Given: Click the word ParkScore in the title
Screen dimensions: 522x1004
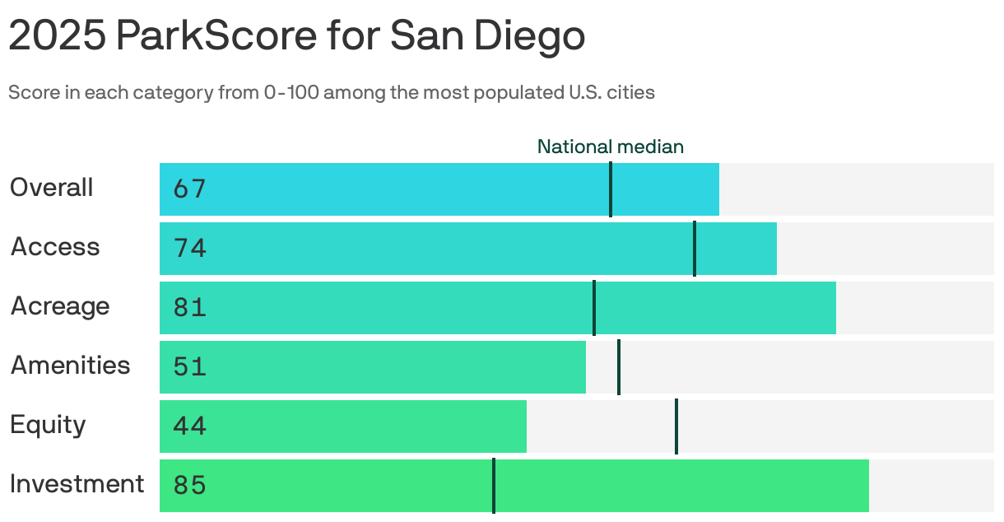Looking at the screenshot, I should coord(214,36).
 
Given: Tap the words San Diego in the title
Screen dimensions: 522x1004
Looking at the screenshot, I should coord(487,36).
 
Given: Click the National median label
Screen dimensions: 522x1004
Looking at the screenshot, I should coord(610,147).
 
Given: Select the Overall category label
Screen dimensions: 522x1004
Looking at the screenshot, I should coord(51,188).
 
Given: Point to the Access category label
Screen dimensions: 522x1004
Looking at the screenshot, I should coord(55,247).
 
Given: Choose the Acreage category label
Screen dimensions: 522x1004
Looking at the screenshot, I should coord(60,306).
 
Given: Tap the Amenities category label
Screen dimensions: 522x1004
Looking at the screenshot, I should coord(70,366).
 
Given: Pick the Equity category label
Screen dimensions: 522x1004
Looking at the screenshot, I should coord(48,425).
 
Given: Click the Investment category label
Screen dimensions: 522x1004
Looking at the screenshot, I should coord(77,484).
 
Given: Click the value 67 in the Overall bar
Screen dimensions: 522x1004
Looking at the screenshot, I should coord(189,189).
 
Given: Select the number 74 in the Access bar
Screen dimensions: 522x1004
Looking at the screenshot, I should coord(189,249).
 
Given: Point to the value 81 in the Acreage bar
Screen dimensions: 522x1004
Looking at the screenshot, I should coord(189,308).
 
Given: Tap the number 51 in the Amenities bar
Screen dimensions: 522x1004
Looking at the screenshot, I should coord(189,367).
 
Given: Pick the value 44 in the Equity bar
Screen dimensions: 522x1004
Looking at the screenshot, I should coord(189,426).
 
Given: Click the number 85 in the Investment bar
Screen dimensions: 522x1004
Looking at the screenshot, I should coord(189,486).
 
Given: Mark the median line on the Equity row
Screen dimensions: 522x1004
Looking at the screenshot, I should coord(676,426).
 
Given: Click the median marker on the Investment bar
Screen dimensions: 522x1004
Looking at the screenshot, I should coord(494,486).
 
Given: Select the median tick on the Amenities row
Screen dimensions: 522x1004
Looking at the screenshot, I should coord(619,367).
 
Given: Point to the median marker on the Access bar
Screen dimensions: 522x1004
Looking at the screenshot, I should coord(695,249).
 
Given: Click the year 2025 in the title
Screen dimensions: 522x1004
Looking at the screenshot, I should coord(57,36).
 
